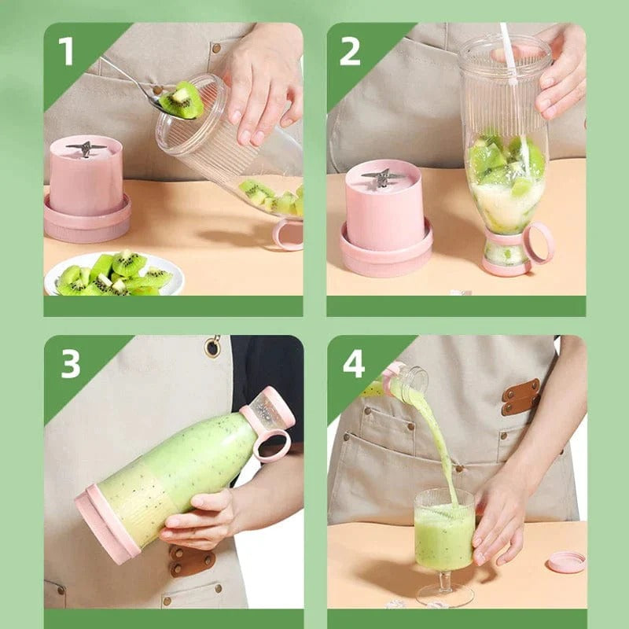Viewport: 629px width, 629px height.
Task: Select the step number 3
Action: (x=71, y=364)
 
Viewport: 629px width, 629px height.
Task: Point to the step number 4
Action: (x=354, y=364)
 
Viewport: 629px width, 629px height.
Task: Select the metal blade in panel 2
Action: (x=384, y=178)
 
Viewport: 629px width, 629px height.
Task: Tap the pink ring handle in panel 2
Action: (x=539, y=243)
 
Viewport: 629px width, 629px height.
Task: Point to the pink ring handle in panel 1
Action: (x=288, y=234)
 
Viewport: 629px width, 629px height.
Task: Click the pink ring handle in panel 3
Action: (x=271, y=445)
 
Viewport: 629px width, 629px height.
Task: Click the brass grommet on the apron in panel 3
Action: (x=212, y=347)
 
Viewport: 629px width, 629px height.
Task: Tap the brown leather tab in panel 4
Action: (x=520, y=396)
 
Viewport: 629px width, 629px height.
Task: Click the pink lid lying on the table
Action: (x=566, y=561)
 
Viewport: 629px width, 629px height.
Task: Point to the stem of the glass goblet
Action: (x=445, y=583)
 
